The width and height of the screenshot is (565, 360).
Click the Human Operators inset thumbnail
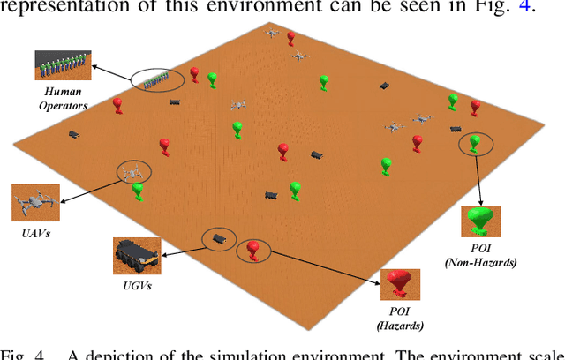[61, 64]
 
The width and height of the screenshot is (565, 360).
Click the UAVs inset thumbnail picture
[34, 203]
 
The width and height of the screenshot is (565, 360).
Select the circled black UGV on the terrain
[218, 238]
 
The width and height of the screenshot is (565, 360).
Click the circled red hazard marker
[254, 251]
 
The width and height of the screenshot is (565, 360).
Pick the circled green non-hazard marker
[476, 143]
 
